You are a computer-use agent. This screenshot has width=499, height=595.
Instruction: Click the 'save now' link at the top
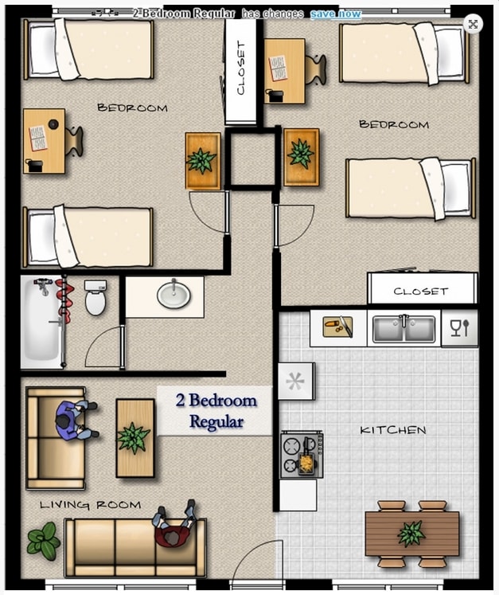coord(335,14)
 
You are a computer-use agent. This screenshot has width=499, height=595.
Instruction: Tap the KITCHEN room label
coord(392,430)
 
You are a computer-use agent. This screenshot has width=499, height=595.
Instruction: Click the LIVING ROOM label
coord(90,504)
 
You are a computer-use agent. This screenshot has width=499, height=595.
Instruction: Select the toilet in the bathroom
coord(96,297)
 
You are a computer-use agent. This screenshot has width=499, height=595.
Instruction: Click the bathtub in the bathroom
coord(42,323)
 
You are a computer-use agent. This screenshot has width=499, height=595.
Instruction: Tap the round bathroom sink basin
coord(173,296)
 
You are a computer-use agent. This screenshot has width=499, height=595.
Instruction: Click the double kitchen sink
coord(404,328)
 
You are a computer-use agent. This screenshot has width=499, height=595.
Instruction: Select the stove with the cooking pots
coord(302,455)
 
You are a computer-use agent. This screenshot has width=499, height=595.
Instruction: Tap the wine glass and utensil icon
coord(460,327)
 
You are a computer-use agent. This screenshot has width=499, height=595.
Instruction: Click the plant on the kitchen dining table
coord(411,533)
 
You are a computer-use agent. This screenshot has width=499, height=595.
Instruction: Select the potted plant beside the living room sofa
coord(43,541)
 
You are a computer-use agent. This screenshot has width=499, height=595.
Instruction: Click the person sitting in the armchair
coord(76,419)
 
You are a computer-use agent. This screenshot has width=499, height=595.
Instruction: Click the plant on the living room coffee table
coord(134,437)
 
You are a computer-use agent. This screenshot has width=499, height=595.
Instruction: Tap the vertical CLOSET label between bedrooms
coord(241,69)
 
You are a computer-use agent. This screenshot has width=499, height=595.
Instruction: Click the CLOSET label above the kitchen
coord(421,292)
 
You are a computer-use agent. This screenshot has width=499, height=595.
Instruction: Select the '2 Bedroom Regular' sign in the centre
coord(216,411)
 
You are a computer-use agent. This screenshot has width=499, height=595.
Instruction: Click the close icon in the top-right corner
coord(473,24)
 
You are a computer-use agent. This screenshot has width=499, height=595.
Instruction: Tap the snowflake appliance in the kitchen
coord(295,382)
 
